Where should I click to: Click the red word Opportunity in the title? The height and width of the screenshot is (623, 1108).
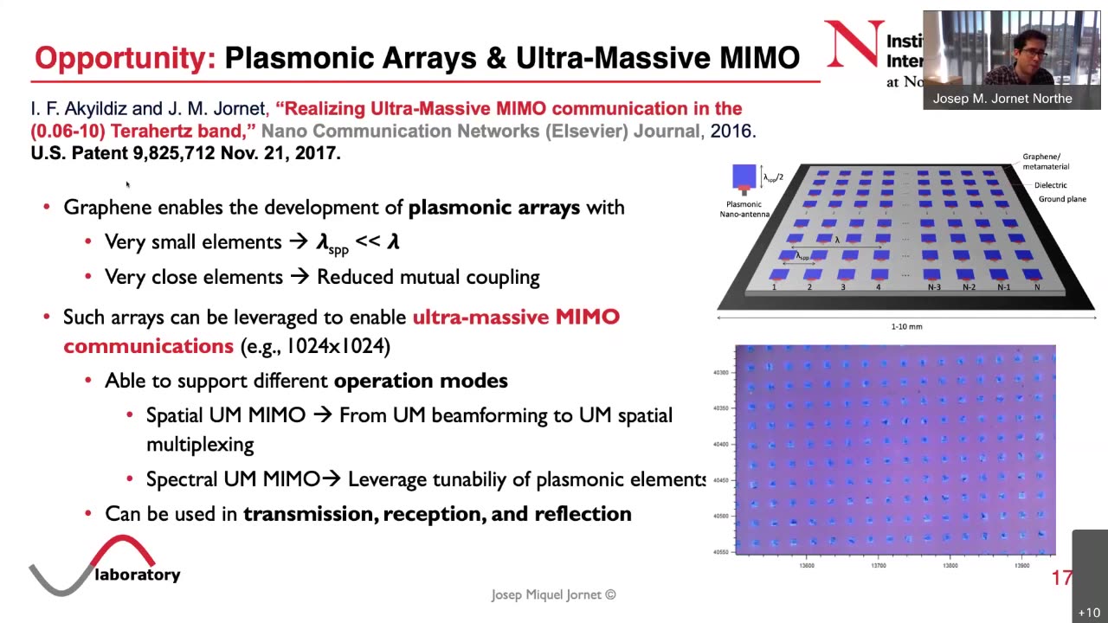[125, 58]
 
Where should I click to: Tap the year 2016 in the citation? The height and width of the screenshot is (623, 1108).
[731, 132]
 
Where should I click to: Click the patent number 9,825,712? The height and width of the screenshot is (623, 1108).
[174, 153]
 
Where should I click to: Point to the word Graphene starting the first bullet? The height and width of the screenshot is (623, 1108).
[107, 208]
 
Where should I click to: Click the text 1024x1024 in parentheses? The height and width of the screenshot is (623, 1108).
[333, 346]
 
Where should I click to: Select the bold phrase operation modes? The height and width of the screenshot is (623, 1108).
[421, 381]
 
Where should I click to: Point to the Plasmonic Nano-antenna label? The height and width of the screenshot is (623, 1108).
[744, 209]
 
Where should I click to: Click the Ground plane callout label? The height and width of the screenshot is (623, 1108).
[1062, 199]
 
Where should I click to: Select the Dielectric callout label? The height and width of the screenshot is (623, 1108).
[1050, 185]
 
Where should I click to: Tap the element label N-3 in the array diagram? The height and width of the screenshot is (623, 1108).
[934, 287]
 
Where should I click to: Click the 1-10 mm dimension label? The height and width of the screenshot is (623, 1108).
[906, 327]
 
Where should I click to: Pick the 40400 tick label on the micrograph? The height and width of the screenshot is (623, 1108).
[720, 445]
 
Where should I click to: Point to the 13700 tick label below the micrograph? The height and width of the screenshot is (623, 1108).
[878, 566]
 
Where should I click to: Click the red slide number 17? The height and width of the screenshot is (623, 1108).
[1061, 578]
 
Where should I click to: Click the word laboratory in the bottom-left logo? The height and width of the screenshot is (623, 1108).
[138, 575]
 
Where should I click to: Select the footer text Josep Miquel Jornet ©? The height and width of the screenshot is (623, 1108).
[553, 595]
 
